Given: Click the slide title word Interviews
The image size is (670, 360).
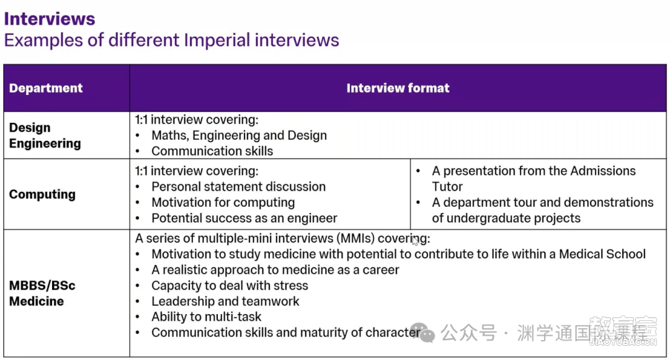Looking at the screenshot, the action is click(x=50, y=19).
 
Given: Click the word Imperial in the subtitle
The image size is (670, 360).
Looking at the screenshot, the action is click(x=217, y=40).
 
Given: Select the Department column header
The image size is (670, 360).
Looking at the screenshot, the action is click(x=46, y=88).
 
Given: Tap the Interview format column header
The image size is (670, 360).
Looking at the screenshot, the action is click(x=398, y=88).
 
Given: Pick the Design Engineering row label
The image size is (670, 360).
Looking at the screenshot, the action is click(x=45, y=135).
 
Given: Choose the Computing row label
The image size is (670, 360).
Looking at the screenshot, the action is click(x=42, y=194).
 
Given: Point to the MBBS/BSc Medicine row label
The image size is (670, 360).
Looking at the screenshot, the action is click(x=42, y=294).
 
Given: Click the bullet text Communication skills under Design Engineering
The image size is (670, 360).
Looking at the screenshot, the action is click(x=212, y=151).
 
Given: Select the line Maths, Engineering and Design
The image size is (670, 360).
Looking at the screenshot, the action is click(x=239, y=135).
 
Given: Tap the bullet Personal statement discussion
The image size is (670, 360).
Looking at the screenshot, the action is click(x=238, y=186).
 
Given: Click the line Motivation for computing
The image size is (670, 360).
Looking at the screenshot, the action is click(x=223, y=202).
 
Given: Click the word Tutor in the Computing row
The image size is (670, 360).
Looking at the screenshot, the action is click(x=447, y=186).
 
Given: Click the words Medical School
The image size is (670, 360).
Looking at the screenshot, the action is click(x=602, y=254).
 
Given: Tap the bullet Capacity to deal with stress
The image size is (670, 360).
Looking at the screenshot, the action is click(x=230, y=286).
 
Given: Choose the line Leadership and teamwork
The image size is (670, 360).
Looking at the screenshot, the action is click(x=225, y=301).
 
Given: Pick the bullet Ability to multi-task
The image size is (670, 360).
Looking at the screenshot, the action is click(x=206, y=317).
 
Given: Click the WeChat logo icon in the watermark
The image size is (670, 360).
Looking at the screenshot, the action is click(x=422, y=332).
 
